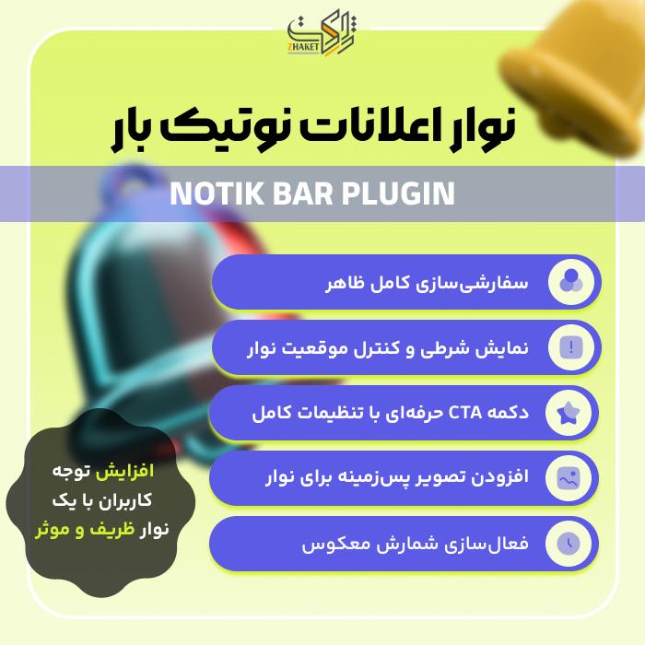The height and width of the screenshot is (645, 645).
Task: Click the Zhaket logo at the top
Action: click(x=322, y=35)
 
